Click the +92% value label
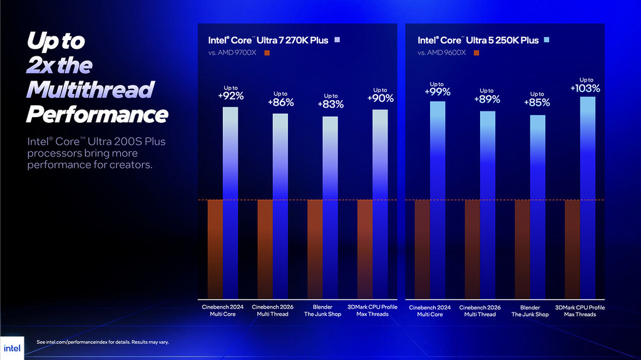[230, 96]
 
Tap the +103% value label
[585, 88]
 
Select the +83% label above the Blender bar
[331, 105]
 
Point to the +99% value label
[437, 92]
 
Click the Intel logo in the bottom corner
[12, 348]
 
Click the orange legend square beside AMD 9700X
[267, 53]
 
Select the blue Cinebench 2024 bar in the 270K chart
[230, 200]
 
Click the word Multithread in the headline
[90, 90]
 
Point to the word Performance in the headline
[97, 115]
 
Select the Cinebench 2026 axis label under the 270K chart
[272, 311]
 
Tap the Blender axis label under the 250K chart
[530, 311]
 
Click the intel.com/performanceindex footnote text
[103, 342]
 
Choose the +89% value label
[487, 99]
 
